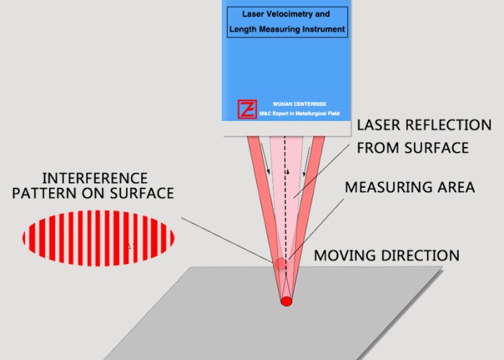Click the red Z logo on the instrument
tap(247, 109)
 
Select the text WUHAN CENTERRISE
tap(300, 104)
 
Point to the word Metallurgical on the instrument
tap(310, 114)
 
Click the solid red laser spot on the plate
tap(287, 302)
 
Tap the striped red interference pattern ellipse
tap(99, 238)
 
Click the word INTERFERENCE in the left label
tap(95, 179)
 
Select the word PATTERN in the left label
tap(44, 193)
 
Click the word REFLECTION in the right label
tap(449, 125)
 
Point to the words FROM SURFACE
tap(413, 148)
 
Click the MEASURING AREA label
tap(410, 187)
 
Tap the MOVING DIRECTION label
tap(387, 256)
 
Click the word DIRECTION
tap(420, 256)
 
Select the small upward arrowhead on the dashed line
tap(288, 172)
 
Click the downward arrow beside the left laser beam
tap(265, 158)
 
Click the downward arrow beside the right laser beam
tap(307, 161)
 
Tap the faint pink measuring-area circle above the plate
tap(280, 264)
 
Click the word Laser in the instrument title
tap(251, 14)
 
